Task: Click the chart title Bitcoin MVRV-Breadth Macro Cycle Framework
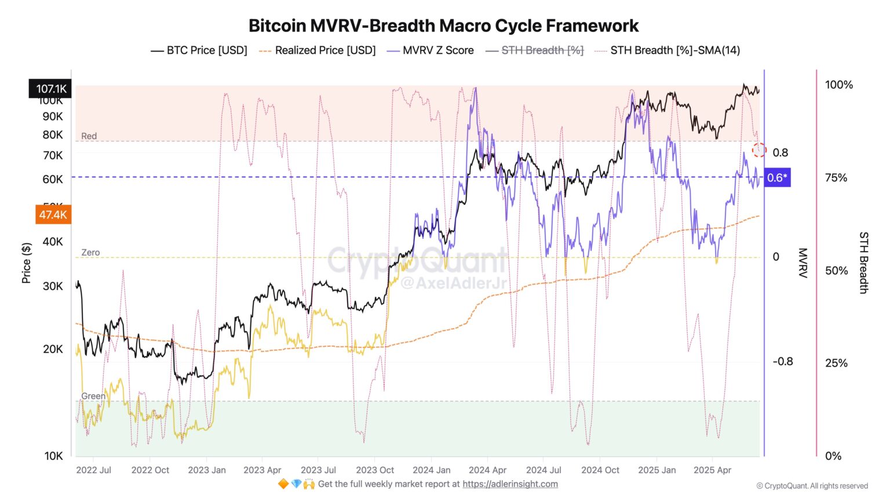443,26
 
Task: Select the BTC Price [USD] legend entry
199,50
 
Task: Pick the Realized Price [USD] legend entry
318,50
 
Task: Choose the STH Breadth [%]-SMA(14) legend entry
667,50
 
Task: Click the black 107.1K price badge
50,89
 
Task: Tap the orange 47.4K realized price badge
53,215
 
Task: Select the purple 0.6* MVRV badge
777,177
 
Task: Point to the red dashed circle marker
759,150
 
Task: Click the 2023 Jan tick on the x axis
207,470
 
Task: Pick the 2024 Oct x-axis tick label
600,470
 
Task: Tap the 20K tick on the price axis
53,348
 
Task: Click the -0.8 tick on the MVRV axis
782,361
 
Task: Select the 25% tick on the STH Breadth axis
836,363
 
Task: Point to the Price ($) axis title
26,263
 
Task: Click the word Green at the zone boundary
93,396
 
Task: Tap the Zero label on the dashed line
90,252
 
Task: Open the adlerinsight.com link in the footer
510,484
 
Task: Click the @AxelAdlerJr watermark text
453,283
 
